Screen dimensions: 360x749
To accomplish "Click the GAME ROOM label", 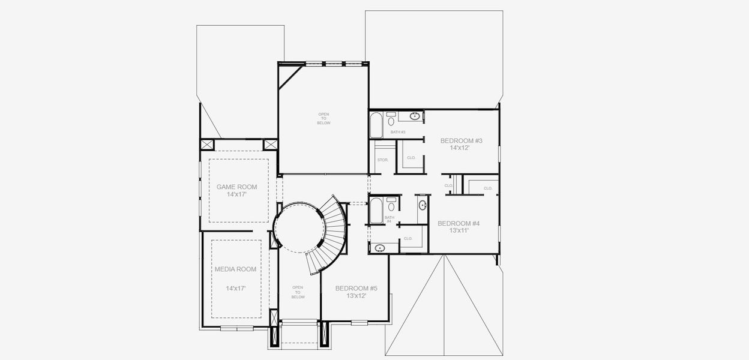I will [x=236, y=187].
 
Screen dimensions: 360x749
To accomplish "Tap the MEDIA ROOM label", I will [x=235, y=269].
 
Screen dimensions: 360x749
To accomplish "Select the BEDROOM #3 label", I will [x=461, y=140].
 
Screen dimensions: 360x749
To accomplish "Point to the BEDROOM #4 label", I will [x=458, y=223].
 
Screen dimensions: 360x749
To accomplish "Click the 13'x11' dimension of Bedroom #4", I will [x=458, y=230].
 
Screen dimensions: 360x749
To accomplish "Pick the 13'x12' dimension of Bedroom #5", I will [x=356, y=295].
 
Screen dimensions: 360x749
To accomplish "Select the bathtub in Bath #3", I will [x=376, y=125].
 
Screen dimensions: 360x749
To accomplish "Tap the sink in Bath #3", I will [x=414, y=116].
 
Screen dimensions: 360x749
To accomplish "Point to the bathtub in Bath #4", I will [x=376, y=211].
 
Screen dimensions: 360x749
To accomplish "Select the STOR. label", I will [x=382, y=160].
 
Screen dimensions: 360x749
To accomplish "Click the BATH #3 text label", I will [x=399, y=132].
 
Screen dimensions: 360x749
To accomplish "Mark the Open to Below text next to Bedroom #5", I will [x=298, y=292].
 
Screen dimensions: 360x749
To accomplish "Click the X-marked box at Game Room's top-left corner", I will [x=208, y=145].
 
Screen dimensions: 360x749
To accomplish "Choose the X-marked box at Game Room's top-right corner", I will [x=270, y=145].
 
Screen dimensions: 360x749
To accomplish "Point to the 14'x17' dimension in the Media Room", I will [x=235, y=289].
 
